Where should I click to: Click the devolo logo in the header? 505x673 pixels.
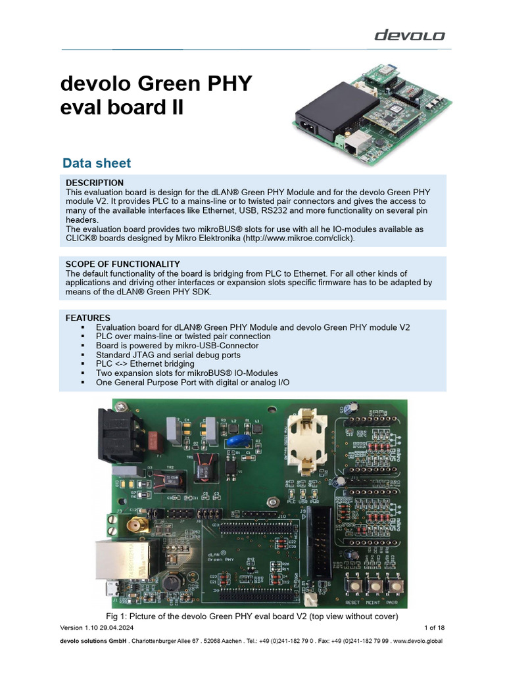click(410, 35)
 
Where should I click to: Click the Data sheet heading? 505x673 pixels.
click(96, 163)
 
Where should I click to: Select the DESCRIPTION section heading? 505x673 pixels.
click(95, 182)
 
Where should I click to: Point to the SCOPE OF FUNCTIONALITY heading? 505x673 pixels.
click(123, 264)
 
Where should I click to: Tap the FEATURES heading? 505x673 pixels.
click(88, 317)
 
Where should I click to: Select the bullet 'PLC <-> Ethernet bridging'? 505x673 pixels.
click(145, 363)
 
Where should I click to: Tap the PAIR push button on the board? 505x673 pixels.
click(396, 584)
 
